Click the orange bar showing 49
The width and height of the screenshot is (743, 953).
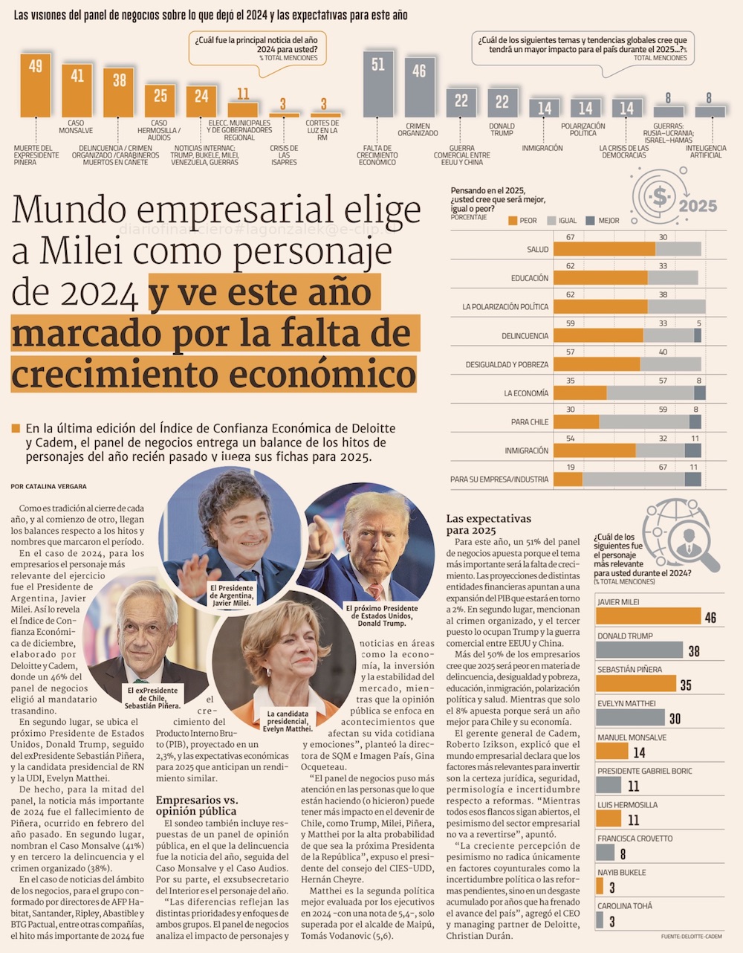[35, 85]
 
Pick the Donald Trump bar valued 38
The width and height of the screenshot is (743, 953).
[639, 650]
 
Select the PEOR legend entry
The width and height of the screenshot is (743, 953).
[522, 221]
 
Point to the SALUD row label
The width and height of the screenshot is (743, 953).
[537, 250]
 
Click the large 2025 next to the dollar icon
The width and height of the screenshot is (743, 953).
[698, 206]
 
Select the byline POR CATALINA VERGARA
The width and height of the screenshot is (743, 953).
[48, 486]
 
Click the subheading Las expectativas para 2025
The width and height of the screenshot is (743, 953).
[488, 524]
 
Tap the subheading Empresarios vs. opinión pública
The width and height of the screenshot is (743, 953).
[197, 805]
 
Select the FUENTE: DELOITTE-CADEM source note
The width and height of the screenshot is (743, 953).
[691, 936]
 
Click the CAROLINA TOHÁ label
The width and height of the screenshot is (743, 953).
[626, 906]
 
